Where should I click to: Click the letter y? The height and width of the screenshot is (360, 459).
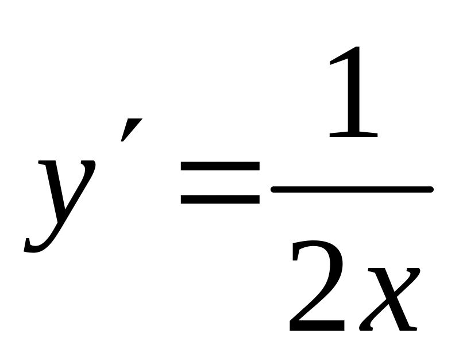point(63,196)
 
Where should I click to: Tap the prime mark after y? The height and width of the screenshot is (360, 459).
point(131,130)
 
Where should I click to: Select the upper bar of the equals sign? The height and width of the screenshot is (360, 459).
point(220,166)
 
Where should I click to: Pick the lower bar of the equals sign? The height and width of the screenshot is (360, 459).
point(220,200)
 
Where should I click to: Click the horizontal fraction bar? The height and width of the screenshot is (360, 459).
point(351,189)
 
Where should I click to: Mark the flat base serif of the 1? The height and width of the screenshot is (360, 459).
point(353,135)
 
